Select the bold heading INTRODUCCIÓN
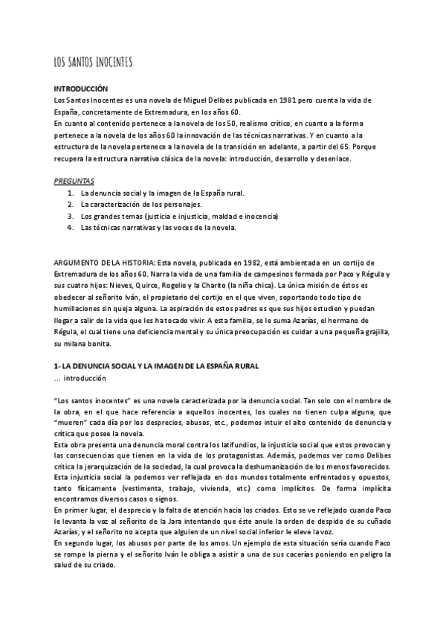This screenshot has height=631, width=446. (81, 89)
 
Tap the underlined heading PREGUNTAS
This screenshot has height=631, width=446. (73, 181)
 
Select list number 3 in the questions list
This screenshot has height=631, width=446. (70, 216)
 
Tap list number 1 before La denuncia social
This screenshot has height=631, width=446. (70, 192)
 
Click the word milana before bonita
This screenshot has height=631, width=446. (79, 345)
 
